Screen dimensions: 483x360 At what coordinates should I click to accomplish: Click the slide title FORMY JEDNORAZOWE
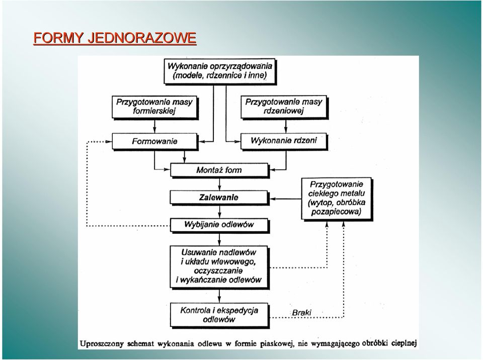(x=115, y=38)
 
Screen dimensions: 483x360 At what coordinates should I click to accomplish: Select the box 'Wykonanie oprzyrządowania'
(x=220, y=71)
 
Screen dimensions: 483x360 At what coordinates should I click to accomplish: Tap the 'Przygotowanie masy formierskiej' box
(x=154, y=107)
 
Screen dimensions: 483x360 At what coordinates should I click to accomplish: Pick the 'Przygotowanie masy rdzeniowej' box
(x=284, y=107)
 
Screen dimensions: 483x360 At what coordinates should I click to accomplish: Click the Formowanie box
(x=154, y=141)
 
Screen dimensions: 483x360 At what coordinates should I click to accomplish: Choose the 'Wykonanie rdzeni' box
(x=284, y=141)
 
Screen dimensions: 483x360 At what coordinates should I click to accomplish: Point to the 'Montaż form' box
(x=219, y=170)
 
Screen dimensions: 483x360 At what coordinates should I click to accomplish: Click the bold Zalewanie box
(x=219, y=198)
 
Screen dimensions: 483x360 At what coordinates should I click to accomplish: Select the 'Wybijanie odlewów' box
(x=219, y=225)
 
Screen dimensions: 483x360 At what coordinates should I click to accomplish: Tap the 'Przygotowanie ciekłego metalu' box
(x=337, y=199)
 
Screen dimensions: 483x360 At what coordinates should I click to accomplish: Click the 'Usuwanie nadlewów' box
(x=219, y=266)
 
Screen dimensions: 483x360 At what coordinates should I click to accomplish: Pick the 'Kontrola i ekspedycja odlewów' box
(x=219, y=315)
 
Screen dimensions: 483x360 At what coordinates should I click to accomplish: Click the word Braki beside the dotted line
(x=301, y=312)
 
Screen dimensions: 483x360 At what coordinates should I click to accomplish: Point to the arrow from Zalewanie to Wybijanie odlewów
(x=219, y=212)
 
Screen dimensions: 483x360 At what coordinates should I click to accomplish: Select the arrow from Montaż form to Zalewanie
(x=219, y=184)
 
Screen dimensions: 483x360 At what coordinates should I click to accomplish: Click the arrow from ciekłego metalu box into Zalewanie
(x=286, y=199)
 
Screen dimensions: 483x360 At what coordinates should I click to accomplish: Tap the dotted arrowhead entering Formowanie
(x=109, y=142)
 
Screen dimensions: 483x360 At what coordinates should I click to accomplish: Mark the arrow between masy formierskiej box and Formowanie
(x=154, y=126)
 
